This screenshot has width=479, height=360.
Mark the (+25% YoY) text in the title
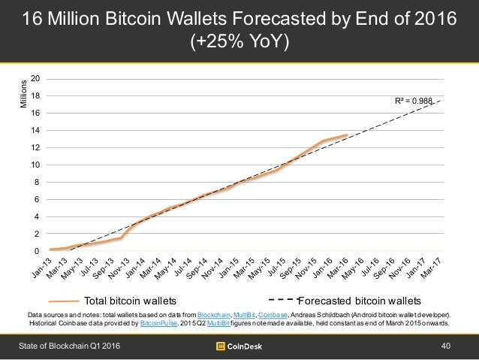[239, 41]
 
